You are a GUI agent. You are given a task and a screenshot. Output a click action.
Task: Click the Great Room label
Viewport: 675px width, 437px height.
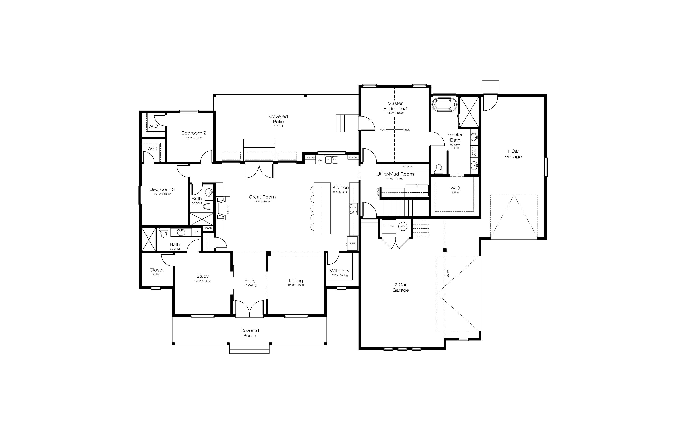pos(262,197)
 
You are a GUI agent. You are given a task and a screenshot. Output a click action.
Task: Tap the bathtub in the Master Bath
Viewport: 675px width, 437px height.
pos(444,104)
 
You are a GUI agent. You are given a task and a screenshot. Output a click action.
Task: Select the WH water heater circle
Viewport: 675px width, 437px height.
pos(403,226)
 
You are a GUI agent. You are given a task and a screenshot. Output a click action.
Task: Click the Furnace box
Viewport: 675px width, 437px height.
pos(389,226)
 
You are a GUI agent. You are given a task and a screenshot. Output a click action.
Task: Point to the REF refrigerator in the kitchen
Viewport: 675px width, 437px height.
pos(352,244)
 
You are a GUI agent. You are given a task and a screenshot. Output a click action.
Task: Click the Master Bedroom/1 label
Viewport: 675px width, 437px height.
pos(395,106)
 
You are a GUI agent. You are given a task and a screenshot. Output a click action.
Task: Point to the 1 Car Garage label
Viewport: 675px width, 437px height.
pos(513,154)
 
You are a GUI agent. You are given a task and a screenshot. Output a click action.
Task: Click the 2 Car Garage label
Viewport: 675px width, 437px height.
pos(400,287)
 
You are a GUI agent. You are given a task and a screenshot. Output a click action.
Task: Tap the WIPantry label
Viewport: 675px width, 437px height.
pos(339,271)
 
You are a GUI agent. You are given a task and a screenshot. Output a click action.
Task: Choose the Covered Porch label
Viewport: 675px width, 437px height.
pos(250,333)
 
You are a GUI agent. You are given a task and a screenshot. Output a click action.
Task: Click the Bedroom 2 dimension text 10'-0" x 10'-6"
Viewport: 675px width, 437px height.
pos(194,138)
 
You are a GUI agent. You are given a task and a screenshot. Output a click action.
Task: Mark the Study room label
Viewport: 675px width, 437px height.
pos(202,276)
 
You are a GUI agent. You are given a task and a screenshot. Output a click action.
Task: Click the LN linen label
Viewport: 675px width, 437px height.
pos(197,232)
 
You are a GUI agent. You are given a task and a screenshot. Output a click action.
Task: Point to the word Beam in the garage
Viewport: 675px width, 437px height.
pos(448,273)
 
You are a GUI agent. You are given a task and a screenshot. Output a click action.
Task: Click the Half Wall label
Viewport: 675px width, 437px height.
pos(378,193)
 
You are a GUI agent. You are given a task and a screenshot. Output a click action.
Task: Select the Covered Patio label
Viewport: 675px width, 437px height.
pos(279,119)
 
